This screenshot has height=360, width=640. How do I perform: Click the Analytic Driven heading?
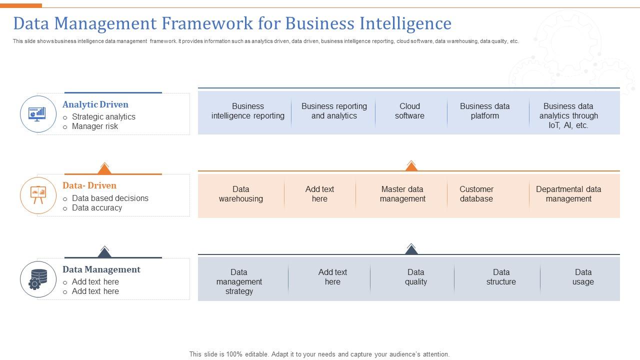pos(95,104)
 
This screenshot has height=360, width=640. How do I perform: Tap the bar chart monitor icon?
pos(38,114)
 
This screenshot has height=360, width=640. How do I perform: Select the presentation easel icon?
pos(38,195)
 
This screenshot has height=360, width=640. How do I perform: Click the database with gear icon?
pos(38,279)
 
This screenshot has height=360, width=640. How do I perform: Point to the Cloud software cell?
pos(409,111)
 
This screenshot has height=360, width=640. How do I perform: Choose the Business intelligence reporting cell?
pos(247,111)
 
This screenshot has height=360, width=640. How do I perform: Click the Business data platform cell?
pos(484,111)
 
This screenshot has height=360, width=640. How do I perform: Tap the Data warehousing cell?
pos(240,194)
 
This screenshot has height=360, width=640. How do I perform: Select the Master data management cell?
pos(402,194)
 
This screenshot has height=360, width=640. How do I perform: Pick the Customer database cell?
pos(476,194)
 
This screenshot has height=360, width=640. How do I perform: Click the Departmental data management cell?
pos(568,194)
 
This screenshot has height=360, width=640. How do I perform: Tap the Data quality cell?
pos(415,277)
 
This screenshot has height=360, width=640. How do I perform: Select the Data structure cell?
pos(501,277)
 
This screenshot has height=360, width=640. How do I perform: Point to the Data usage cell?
pos(583,277)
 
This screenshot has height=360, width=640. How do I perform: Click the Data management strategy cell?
pos(239,281)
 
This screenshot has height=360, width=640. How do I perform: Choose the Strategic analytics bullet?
pos(103,116)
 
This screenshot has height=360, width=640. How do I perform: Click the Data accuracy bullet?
pos(97,207)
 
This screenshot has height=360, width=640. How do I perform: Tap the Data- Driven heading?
pos(89,185)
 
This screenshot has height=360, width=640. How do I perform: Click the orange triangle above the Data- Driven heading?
pos(104,168)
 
